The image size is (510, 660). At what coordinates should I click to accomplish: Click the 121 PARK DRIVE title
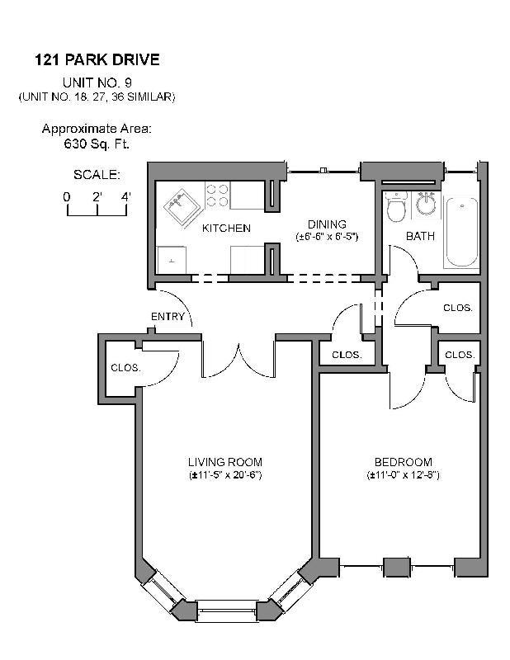pyautogui.click(x=97, y=59)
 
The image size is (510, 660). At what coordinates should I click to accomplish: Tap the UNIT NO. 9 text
pyautogui.click(x=97, y=82)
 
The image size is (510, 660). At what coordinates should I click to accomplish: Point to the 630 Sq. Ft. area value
pyautogui.click(x=97, y=144)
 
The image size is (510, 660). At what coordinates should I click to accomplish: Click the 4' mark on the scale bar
pyautogui.click(x=126, y=197)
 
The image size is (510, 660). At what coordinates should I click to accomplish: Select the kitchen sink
pyautogui.click(x=179, y=203)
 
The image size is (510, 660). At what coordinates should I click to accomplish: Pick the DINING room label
pyautogui.click(x=327, y=224)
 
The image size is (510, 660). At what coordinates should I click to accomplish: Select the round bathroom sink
pyautogui.click(x=426, y=203)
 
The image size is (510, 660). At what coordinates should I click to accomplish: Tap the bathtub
pyautogui.click(x=460, y=231)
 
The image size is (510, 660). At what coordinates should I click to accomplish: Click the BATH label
pyautogui.click(x=420, y=237)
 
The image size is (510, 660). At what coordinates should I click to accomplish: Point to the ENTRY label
pyautogui.click(x=167, y=317)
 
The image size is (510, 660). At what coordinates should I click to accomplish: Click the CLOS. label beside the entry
pyautogui.click(x=125, y=368)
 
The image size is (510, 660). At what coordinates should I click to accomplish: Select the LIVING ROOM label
pyautogui.click(x=224, y=462)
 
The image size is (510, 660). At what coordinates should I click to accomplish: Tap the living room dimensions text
pyautogui.click(x=224, y=475)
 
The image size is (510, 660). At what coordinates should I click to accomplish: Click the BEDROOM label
pyautogui.click(x=403, y=462)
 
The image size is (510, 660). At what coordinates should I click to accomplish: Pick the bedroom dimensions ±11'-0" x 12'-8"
pyautogui.click(x=403, y=475)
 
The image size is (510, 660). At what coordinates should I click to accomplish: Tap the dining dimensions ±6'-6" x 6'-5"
pyautogui.click(x=327, y=237)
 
